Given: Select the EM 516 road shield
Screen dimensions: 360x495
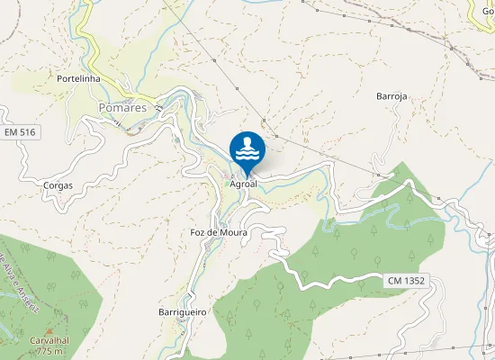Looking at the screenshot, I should (19, 132).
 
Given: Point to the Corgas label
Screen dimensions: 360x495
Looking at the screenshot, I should (58, 185).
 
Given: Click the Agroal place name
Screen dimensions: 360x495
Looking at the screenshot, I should (244, 184).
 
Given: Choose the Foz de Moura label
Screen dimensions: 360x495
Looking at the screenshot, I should (219, 232).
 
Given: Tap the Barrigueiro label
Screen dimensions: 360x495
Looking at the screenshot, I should (183, 311).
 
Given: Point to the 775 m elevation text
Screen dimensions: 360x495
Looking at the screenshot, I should (50, 352).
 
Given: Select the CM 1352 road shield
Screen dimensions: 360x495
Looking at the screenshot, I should (407, 281).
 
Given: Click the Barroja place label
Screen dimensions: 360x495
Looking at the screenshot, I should (391, 94).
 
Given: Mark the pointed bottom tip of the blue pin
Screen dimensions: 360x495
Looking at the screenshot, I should (247, 175).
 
